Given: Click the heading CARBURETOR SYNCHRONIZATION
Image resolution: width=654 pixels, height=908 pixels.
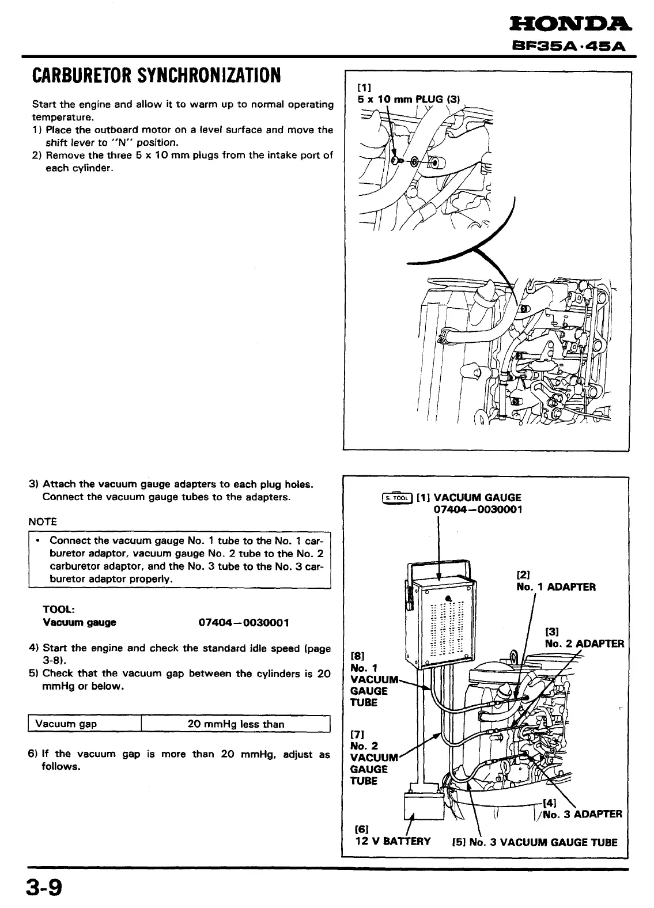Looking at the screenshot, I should (157, 75).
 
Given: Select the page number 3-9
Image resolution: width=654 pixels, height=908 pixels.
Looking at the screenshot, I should (43, 887).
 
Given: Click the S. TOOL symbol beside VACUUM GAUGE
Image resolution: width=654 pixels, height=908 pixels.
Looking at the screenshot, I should (398, 498).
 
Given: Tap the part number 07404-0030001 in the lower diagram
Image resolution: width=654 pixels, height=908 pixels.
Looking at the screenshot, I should (478, 510).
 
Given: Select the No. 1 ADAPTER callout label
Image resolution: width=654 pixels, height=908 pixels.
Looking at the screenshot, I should (555, 587).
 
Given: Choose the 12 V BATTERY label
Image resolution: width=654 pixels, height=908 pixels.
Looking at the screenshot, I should (392, 841).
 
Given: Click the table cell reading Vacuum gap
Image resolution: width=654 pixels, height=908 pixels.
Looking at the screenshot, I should (66, 724).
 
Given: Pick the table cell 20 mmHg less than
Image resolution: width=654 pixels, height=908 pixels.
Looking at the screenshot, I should (236, 724).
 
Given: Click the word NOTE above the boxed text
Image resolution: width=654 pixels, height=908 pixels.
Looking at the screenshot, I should (43, 522).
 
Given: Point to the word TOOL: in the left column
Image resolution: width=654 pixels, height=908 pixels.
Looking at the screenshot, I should (59, 610).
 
